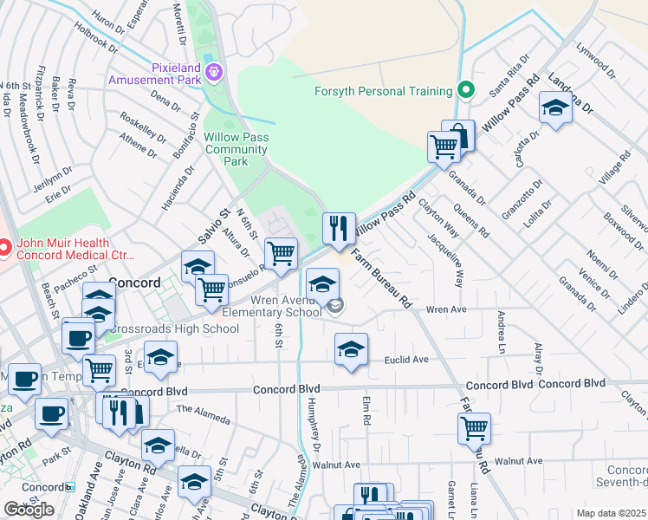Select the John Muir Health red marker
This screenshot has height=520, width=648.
click(x=4, y=249)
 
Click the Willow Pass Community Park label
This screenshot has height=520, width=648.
click(x=236, y=149)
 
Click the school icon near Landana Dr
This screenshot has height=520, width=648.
click(x=554, y=109)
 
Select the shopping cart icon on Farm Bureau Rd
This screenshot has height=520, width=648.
click(x=474, y=427)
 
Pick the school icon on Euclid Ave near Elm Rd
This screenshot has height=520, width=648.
click(x=350, y=350)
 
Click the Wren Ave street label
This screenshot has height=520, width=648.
click(x=447, y=309)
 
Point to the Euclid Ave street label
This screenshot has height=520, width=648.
click(x=406, y=359)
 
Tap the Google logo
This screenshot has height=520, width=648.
click(x=29, y=510)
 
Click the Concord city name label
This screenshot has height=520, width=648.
click(x=136, y=283)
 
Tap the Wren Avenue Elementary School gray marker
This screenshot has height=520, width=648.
click(x=334, y=304)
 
